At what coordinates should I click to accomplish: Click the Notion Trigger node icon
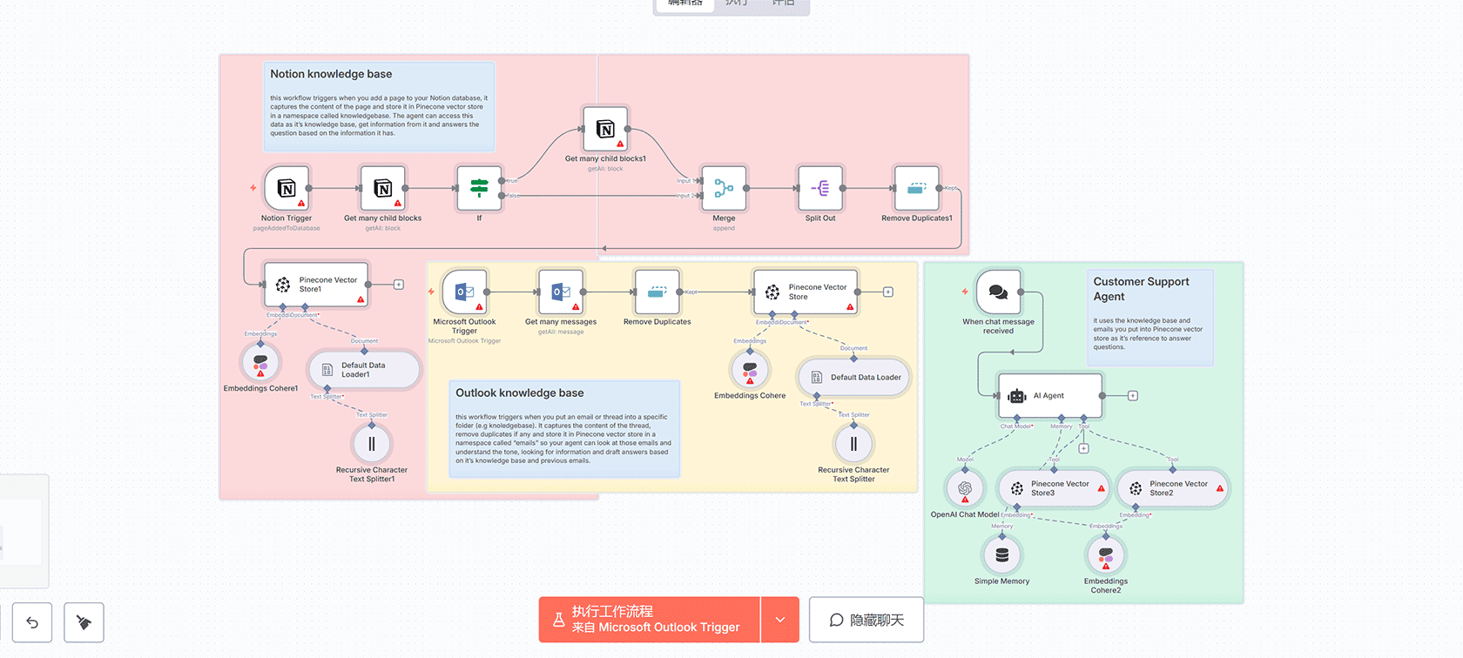pyautogui.click(x=287, y=188)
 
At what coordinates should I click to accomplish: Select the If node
pyautogui.click(x=479, y=188)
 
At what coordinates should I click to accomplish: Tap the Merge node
pyautogui.click(x=724, y=188)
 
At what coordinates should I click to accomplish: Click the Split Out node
pyautogui.click(x=820, y=188)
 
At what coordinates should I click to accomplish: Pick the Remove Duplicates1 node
pyautogui.click(x=916, y=188)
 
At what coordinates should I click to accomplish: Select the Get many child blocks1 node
pyautogui.click(x=605, y=129)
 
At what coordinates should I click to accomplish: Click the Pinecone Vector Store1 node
pyautogui.click(x=316, y=285)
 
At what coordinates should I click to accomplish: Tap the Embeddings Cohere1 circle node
pyautogui.click(x=260, y=362)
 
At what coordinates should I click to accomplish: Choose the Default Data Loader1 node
pyautogui.click(x=363, y=370)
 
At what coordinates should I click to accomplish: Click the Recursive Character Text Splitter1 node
pyautogui.click(x=372, y=444)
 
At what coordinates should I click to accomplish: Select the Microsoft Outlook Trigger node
pyautogui.click(x=464, y=292)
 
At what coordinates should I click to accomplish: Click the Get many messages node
pyautogui.click(x=561, y=292)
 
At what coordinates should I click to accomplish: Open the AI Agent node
pyautogui.click(x=1050, y=396)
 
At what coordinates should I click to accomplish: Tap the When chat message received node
pyautogui.click(x=998, y=292)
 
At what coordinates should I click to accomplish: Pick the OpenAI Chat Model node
pyautogui.click(x=965, y=488)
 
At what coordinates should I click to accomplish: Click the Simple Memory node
pyautogui.click(x=1002, y=554)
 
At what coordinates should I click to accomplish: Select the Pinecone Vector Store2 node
pyautogui.click(x=1171, y=488)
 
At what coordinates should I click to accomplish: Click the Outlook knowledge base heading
pyautogui.click(x=520, y=393)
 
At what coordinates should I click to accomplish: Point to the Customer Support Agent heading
pyautogui.click(x=1141, y=289)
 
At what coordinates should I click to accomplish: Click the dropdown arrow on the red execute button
pyautogui.click(x=780, y=620)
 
